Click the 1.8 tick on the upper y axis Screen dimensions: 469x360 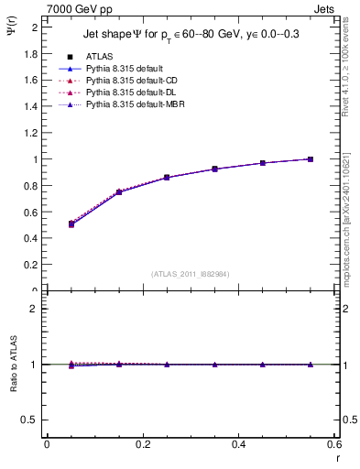click(34, 53)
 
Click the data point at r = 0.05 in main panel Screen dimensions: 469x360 click(71, 224)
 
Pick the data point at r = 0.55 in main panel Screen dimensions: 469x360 click(311, 159)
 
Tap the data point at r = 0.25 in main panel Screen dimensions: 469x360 click(167, 178)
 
